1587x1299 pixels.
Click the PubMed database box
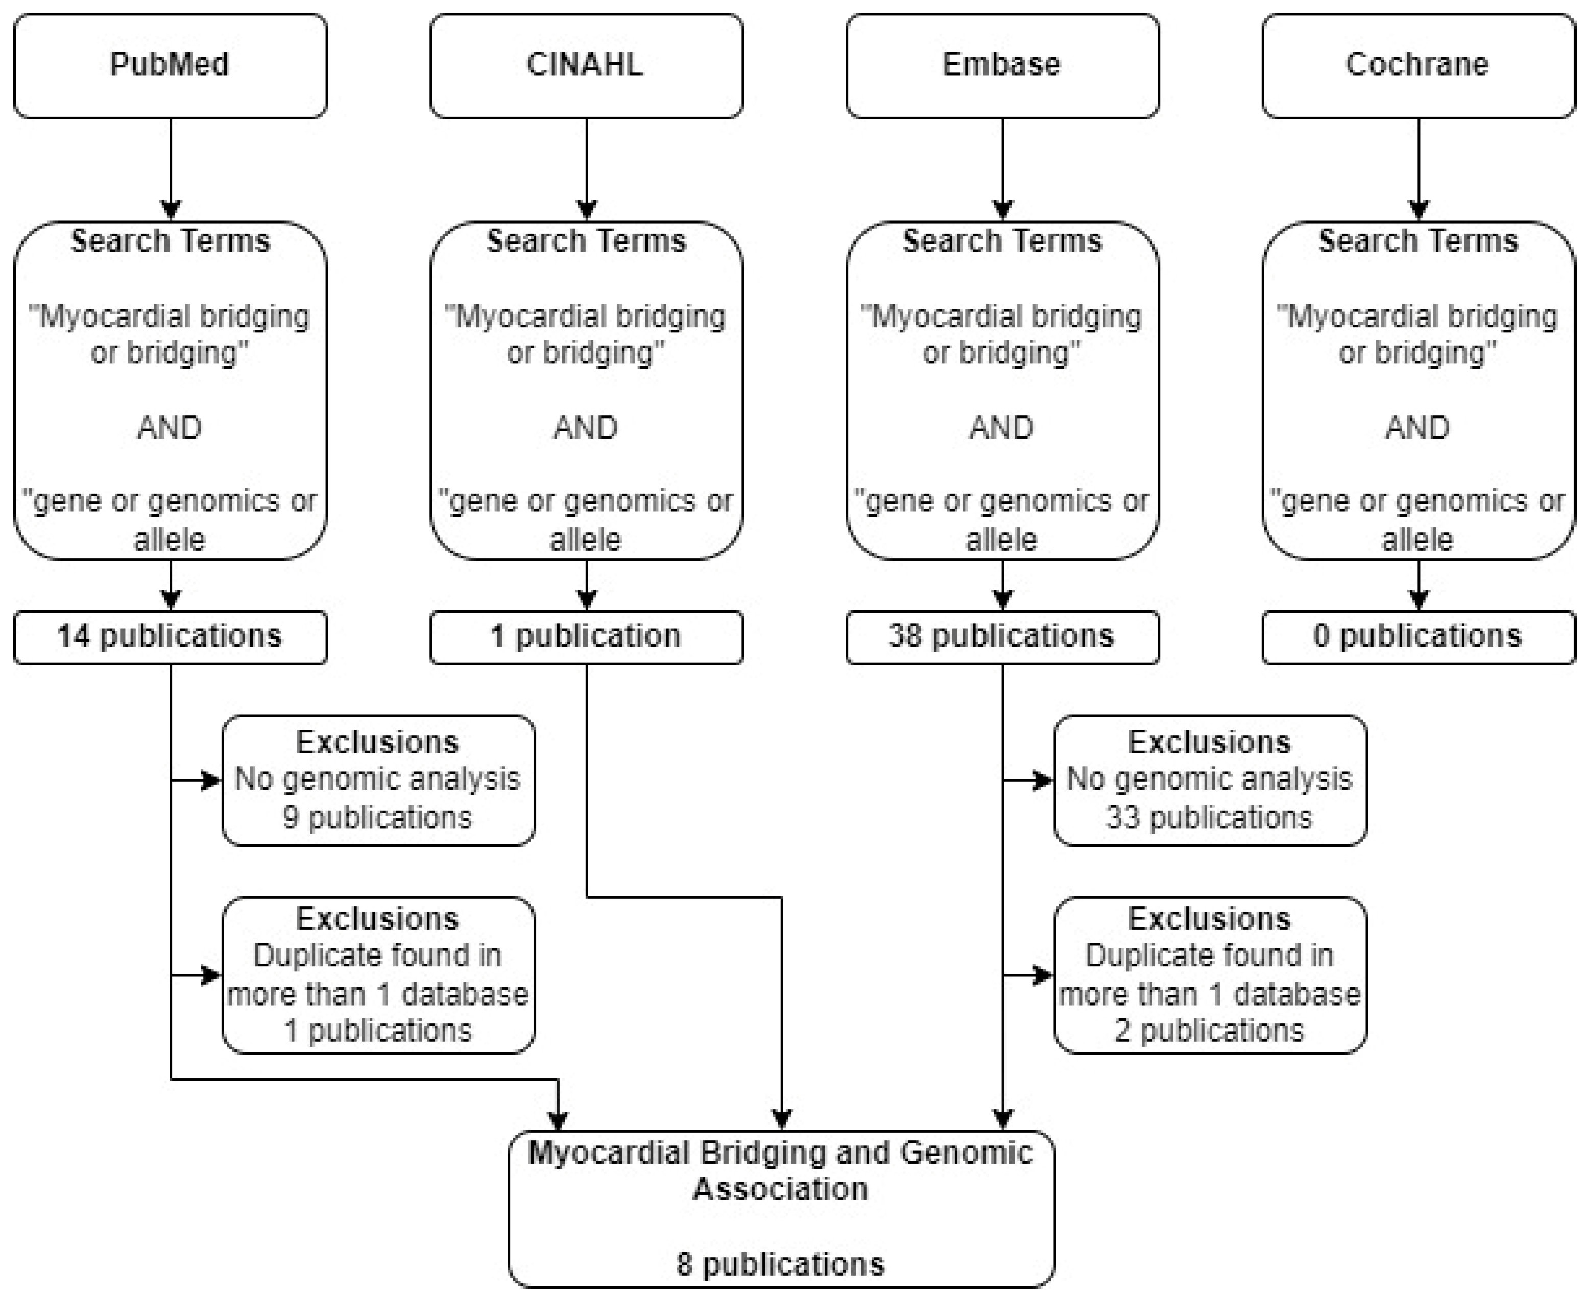pyautogui.click(x=170, y=65)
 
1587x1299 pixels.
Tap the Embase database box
pyautogui.click(x=1002, y=65)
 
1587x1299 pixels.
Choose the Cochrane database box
pyautogui.click(x=1418, y=65)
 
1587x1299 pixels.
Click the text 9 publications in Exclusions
pyautogui.click(x=377, y=817)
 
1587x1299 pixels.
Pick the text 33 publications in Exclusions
pyautogui.click(x=1209, y=817)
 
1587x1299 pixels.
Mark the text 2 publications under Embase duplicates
pyautogui.click(x=1209, y=1031)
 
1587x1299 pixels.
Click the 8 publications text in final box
pyautogui.click(x=780, y=1264)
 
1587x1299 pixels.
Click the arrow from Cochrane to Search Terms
pyautogui.click(x=1418, y=168)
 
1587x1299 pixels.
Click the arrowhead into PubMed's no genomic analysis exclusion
pyautogui.click(x=211, y=780)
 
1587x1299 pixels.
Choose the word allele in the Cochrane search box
pyautogui.click(x=1417, y=540)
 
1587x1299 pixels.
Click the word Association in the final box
pyautogui.click(x=780, y=1189)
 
